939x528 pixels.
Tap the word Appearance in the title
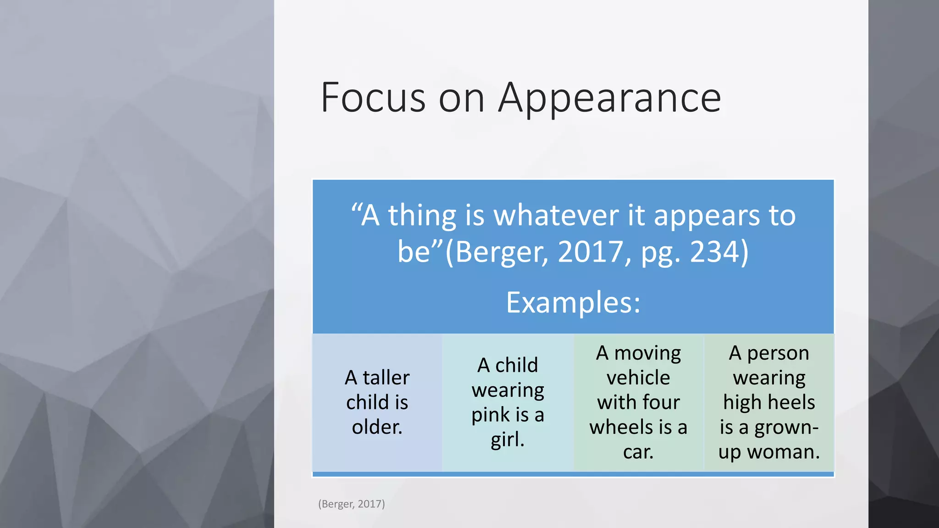610,99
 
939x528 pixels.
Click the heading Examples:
573,302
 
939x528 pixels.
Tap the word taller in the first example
386,378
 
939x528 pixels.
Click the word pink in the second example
491,415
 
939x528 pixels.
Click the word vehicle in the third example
638,378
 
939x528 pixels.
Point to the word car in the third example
638,452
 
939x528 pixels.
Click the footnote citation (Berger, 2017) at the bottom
352,504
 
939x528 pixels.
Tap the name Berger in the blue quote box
501,252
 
